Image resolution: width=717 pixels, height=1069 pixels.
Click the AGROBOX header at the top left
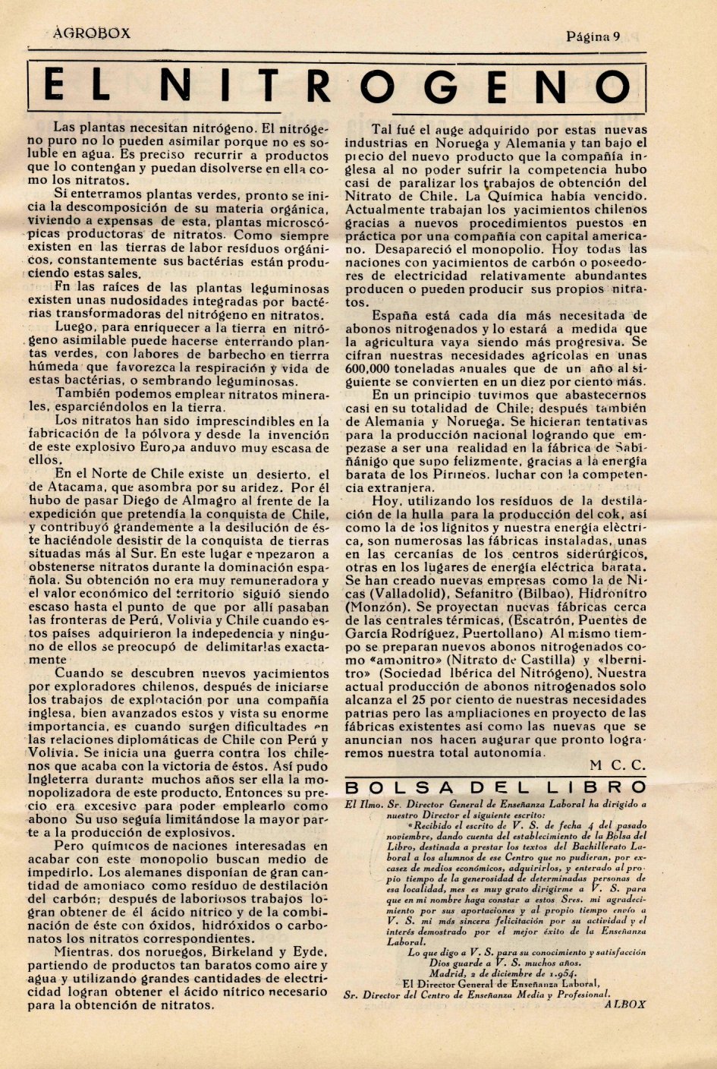click(92, 33)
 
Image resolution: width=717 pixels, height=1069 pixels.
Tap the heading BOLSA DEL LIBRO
click(495, 787)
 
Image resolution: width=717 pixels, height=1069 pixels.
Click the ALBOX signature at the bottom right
click(624, 1002)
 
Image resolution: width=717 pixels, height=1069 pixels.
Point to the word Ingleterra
click(66, 778)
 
